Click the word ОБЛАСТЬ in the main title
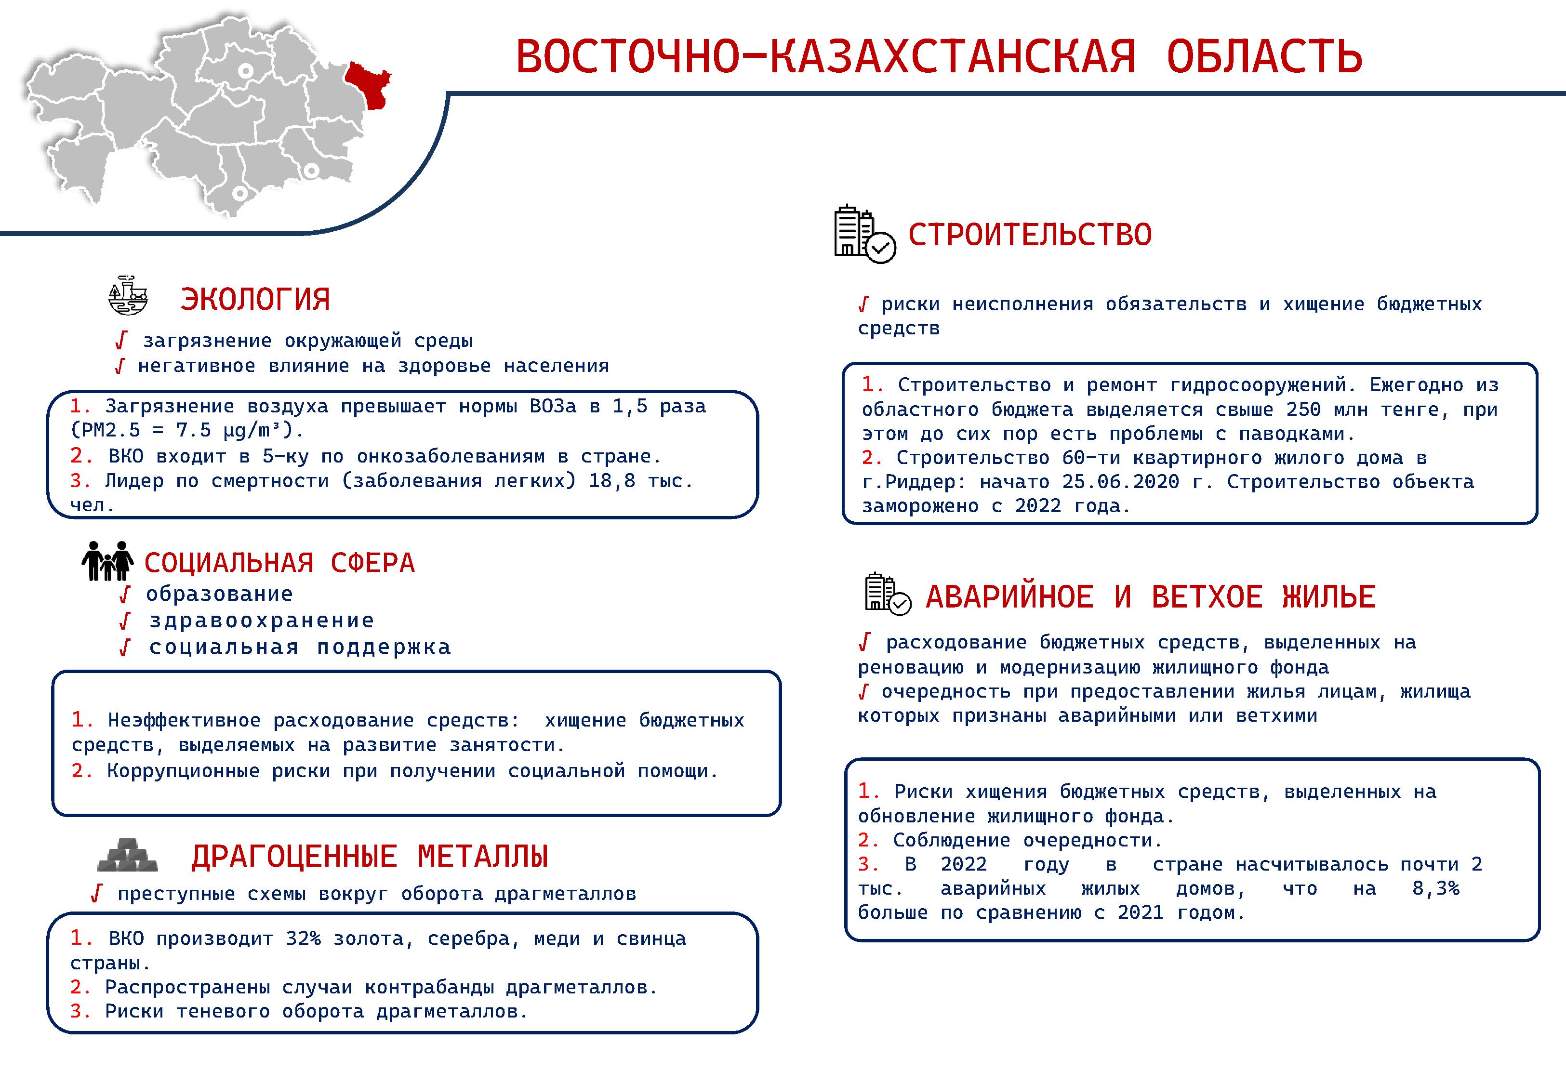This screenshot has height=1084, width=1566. (1264, 56)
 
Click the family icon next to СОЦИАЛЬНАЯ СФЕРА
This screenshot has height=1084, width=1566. (107, 560)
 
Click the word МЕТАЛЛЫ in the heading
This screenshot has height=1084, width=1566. (483, 857)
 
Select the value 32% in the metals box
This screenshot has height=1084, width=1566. (303, 939)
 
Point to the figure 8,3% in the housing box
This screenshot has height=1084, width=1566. (1435, 888)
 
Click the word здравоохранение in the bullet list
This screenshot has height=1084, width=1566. (262, 621)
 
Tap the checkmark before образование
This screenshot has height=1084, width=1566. (124, 595)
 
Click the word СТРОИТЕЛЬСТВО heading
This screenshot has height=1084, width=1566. (1030, 234)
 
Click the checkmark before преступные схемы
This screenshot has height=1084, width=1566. (96, 894)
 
